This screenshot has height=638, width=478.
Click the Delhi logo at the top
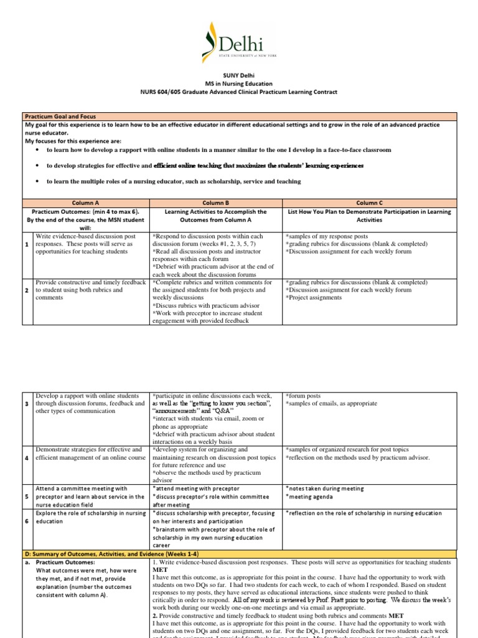click(x=238, y=43)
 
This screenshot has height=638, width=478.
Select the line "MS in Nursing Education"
click(x=239, y=83)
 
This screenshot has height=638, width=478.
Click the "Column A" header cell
click(x=85, y=202)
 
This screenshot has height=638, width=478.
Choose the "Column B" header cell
click(x=215, y=202)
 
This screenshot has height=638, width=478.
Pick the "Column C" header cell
click(x=369, y=202)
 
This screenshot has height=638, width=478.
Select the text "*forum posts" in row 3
click(x=304, y=396)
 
